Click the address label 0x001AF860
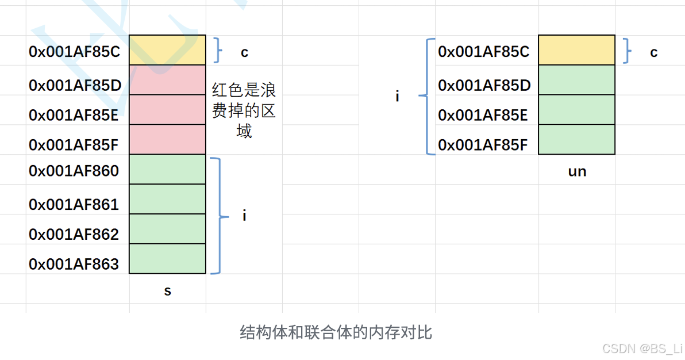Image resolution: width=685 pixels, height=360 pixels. click(74, 171)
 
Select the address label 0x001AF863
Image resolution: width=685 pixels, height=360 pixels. click(74, 264)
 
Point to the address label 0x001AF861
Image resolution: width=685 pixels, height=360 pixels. click(74, 204)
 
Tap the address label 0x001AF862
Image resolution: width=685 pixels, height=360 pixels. click(74, 234)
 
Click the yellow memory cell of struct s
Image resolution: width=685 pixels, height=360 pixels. click(167, 50)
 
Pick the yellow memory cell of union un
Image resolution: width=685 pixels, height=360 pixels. click(576, 50)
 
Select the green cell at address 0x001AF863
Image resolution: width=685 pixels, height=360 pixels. click(167, 259)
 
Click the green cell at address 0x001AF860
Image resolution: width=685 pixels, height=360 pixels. click(167, 169)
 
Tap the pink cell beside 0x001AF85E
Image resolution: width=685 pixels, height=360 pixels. click(167, 110)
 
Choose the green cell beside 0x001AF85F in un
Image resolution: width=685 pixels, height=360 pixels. click(576, 140)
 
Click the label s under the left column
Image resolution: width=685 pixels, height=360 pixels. click(167, 291)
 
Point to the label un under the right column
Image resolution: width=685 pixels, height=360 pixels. click(576, 171)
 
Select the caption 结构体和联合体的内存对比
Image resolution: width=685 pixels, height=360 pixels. click(336, 332)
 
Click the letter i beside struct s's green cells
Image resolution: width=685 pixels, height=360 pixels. click(244, 216)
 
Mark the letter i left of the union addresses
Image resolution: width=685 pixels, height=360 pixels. click(397, 96)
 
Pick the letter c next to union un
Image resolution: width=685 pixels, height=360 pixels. click(653, 52)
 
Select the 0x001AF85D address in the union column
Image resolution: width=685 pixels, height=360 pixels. click(484, 86)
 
